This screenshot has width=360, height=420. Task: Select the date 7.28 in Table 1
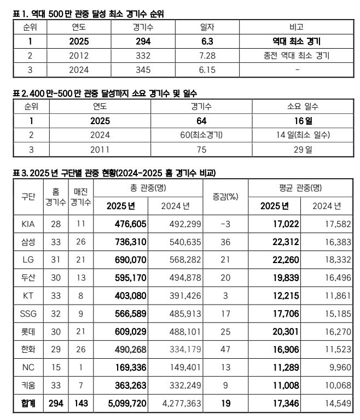click(206, 55)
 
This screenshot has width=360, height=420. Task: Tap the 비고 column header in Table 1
click(296, 27)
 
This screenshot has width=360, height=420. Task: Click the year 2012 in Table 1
click(79, 55)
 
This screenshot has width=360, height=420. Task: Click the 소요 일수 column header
click(299, 106)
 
